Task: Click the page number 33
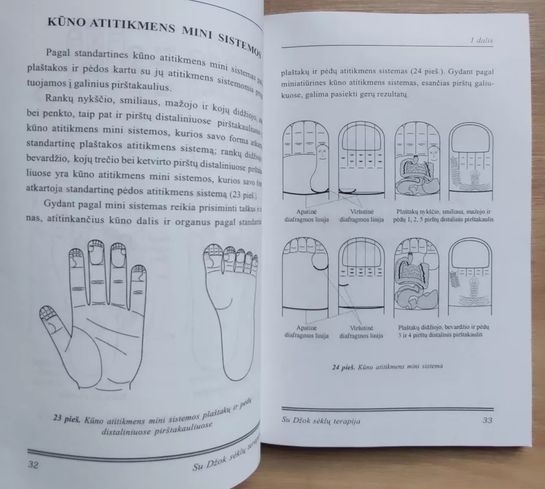(x=487, y=420)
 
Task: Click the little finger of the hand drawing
(x=139, y=285)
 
